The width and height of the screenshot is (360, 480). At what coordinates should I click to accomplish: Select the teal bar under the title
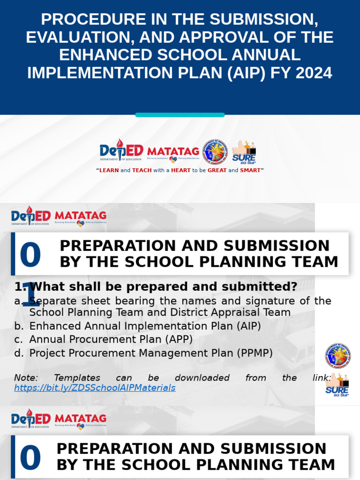pos(180,115)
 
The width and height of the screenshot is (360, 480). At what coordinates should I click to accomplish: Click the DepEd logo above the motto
pos(121,151)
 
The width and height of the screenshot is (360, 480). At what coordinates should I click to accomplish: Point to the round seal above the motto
pos(215,151)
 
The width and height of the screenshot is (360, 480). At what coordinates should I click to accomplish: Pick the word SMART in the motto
pos(250,171)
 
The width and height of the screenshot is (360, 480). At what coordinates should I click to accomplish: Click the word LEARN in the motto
pos(109,171)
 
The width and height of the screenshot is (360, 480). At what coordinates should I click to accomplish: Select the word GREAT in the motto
pos(217,171)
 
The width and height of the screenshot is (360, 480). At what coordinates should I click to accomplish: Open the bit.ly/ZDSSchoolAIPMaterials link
pos(95,388)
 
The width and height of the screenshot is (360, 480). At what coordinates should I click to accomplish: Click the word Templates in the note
pos(77,378)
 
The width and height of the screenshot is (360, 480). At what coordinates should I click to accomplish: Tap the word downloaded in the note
pos(202,378)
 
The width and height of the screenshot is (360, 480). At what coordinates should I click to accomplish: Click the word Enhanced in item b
pos(51,326)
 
